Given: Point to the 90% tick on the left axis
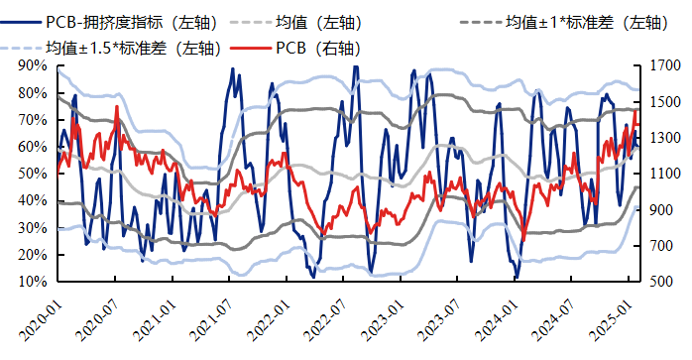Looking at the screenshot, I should [33, 65].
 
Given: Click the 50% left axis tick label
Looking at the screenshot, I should [33, 174].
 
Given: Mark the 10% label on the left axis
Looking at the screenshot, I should [33, 282].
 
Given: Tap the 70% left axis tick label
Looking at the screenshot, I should [33, 120].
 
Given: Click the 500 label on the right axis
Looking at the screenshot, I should [663, 282].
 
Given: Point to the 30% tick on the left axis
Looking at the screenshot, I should [33, 228].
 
